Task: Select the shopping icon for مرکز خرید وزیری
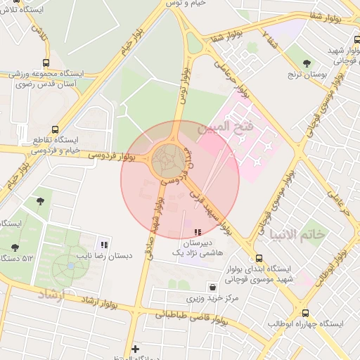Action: (x=212, y=287)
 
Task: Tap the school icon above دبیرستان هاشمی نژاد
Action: (x=198, y=231)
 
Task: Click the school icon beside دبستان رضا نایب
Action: (x=104, y=245)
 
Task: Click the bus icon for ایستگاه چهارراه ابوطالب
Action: (x=304, y=314)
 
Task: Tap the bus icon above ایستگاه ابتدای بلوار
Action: (x=259, y=258)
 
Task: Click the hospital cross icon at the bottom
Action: (x=135, y=348)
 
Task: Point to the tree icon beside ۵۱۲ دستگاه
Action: (x=15, y=247)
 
